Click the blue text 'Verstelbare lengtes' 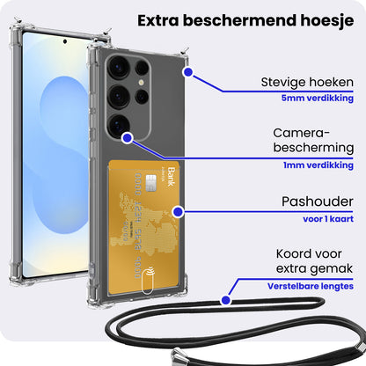click(311, 286)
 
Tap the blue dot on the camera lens click(128, 138)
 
